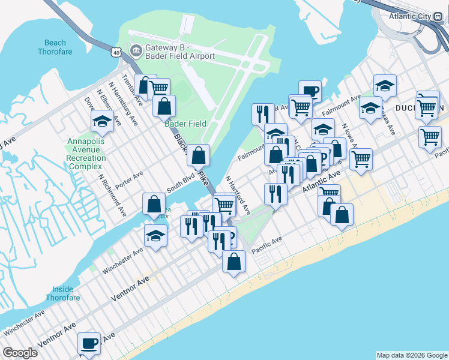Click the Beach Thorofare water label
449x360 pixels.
tap(55, 47)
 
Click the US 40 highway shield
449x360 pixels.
tap(116, 52)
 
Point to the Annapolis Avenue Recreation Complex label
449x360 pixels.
tap(86, 154)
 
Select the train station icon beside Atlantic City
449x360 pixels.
tap(438, 16)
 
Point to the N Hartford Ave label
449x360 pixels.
tap(238, 195)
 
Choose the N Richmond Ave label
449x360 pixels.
tap(112, 195)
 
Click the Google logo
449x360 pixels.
tap(20, 353)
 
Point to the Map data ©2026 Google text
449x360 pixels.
tap(412, 355)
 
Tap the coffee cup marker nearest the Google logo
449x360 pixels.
tap(89, 344)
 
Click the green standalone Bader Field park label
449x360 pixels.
tap(185, 124)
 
